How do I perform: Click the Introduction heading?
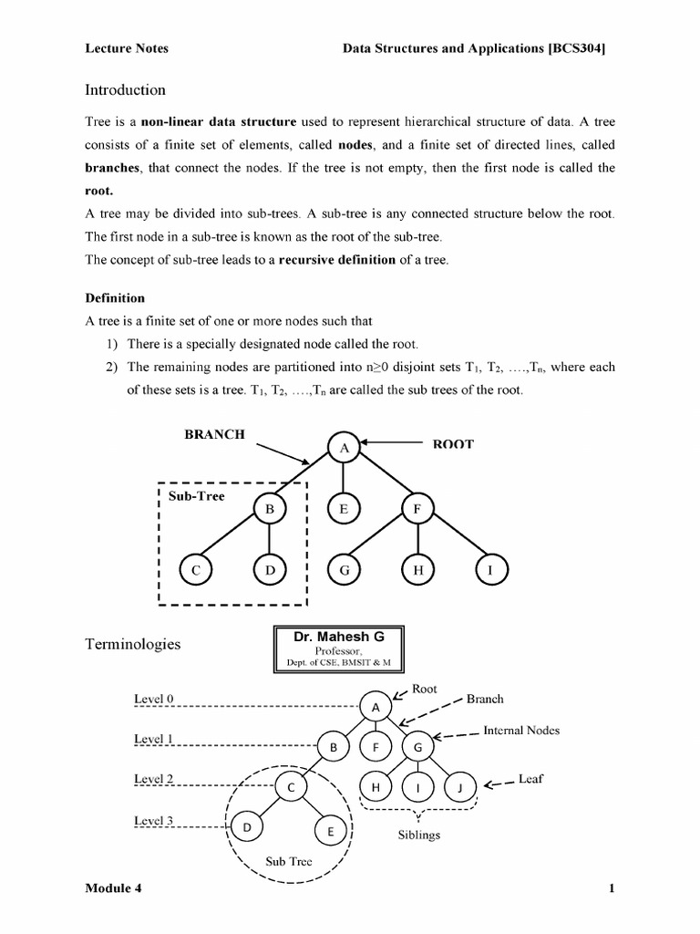[x=125, y=90]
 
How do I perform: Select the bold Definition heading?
[x=115, y=298]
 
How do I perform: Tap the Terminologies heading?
[x=132, y=644]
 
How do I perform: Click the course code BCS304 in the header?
[x=577, y=48]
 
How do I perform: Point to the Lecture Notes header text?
[x=127, y=48]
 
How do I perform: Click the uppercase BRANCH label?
[x=214, y=435]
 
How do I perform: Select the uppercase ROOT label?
[x=452, y=444]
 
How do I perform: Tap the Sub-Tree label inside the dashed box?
[x=196, y=495]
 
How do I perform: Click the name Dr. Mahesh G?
[x=338, y=636]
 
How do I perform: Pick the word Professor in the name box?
[x=337, y=650]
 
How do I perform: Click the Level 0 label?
[x=153, y=699]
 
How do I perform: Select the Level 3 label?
[x=153, y=820]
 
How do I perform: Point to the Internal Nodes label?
[x=521, y=731]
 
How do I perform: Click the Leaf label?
[x=530, y=780]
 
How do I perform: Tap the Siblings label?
[x=419, y=835]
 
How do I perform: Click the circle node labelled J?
[x=459, y=787]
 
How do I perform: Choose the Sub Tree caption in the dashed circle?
[x=289, y=861]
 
